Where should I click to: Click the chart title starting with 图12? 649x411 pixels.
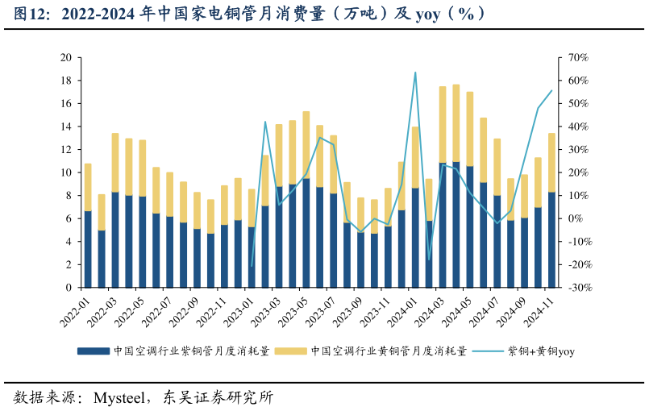pyautogui.click(x=250, y=15)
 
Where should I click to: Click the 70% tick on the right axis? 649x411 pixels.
pyautogui.click(x=579, y=58)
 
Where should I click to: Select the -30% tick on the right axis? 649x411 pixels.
pyautogui.click(x=579, y=288)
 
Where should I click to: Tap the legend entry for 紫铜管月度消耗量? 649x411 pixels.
pyautogui.click(x=173, y=351)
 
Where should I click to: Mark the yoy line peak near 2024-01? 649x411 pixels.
pyautogui.click(x=415, y=73)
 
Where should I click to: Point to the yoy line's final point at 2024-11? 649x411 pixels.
pyautogui.click(x=551, y=91)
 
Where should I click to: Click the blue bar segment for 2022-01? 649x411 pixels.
pyautogui.click(x=88, y=250)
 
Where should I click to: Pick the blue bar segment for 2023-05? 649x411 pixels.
pyautogui.click(x=306, y=234)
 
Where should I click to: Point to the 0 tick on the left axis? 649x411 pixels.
pyautogui.click(x=69, y=288)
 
